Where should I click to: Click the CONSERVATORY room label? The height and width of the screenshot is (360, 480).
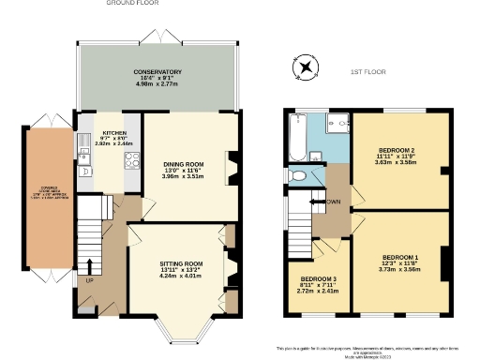pyautogui.click(x=157, y=72)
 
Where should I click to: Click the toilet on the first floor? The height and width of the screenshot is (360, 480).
pyautogui.click(x=298, y=174)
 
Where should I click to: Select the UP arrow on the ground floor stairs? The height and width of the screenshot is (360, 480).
pyautogui.click(x=90, y=267)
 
